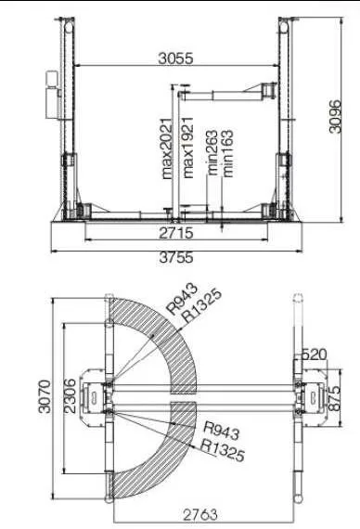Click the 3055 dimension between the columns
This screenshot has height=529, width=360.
coord(175,58)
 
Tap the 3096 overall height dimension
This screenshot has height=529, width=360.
coord(335,116)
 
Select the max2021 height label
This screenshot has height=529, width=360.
coord(167,148)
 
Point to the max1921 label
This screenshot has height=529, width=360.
coord(187,148)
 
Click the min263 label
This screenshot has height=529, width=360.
coord(212,153)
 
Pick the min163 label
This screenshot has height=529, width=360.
coord(227,154)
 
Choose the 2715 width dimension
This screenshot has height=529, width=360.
coord(176,233)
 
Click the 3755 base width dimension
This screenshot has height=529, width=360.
coord(176,258)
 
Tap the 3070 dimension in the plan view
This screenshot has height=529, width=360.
coord(45,396)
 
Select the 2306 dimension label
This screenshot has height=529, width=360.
coord(70,396)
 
